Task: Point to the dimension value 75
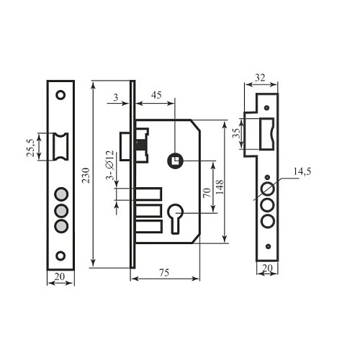pos(165,272)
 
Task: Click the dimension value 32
pos(261,77)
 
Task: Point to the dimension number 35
pos(235,134)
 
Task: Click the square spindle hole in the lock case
pos(174,160)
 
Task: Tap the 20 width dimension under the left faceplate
pos(60,276)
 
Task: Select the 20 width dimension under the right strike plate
pos(267,268)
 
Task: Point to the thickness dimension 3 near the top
pos(116,96)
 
